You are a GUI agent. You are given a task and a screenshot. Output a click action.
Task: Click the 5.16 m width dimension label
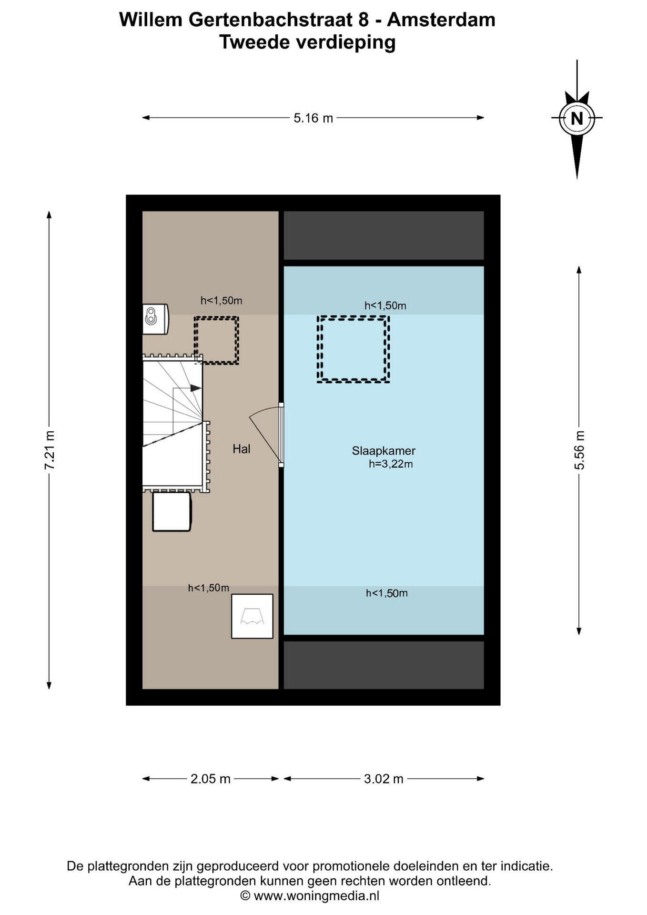pyautogui.click(x=313, y=118)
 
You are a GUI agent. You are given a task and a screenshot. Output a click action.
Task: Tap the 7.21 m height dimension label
pyautogui.click(x=50, y=450)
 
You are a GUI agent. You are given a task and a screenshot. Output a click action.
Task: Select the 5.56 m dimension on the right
pyautogui.click(x=579, y=450)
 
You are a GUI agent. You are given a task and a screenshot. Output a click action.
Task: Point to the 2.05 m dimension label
pyautogui.click(x=210, y=779)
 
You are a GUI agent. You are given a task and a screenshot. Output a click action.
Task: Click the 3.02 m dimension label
pyautogui.click(x=384, y=779)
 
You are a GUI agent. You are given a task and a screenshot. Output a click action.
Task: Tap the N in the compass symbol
pyautogui.click(x=577, y=118)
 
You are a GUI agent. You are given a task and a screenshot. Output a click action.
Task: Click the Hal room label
pyautogui.click(x=242, y=448)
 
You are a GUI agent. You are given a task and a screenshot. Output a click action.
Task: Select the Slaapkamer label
pyautogui.click(x=384, y=450)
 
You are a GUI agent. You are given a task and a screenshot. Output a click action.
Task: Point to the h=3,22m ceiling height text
pyautogui.click(x=391, y=464)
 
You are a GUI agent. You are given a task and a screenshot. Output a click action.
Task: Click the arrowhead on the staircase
pyautogui.click(x=195, y=388)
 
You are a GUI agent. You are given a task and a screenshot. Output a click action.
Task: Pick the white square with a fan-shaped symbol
pyautogui.click(x=252, y=616)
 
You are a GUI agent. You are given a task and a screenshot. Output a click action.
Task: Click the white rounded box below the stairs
pyautogui.click(x=172, y=512)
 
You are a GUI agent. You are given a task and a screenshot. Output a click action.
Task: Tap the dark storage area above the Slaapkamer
pyautogui.click(x=384, y=235)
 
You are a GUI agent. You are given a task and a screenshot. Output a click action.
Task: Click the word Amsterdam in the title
pyautogui.click(x=441, y=20)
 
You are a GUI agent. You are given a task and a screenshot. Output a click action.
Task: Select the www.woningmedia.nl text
pyautogui.click(x=316, y=895)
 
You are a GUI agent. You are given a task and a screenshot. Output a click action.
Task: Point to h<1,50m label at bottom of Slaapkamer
pyautogui.click(x=387, y=593)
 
